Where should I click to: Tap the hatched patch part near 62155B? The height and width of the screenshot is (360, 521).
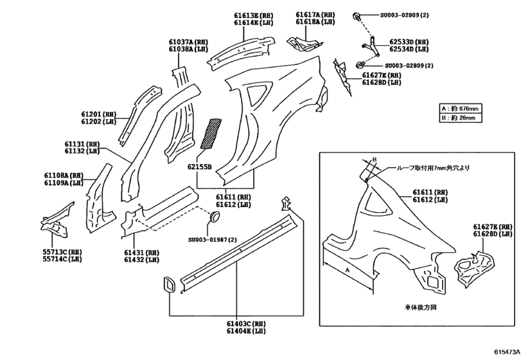[211, 132]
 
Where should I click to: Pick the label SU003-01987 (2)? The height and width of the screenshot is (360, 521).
[212, 239]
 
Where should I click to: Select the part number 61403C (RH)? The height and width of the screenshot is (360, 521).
[246, 325]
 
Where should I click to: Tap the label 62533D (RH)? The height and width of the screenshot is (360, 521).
[409, 42]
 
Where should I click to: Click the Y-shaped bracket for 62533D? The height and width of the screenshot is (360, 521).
[368, 44]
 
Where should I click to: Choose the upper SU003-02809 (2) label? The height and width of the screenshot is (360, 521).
[407, 14]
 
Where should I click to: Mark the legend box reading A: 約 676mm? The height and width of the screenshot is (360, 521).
[461, 108]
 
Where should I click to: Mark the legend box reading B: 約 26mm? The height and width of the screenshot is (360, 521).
[461, 118]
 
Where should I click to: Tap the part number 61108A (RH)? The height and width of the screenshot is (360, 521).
[64, 175]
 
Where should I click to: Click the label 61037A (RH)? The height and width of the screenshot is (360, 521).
[188, 42]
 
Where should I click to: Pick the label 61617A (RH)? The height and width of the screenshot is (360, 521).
[315, 14]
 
